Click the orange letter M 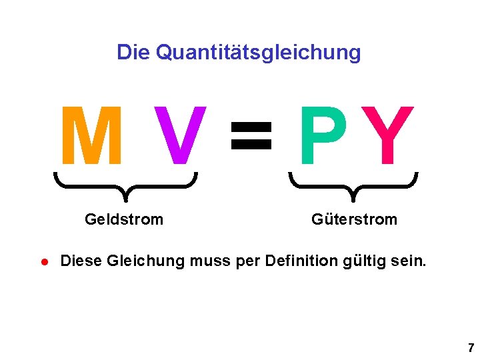click(92, 136)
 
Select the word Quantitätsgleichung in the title click(258, 53)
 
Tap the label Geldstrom click(124, 219)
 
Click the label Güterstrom click(354, 219)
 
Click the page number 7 click(471, 347)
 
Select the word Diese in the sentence click(81, 261)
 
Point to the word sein click(406, 261)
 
